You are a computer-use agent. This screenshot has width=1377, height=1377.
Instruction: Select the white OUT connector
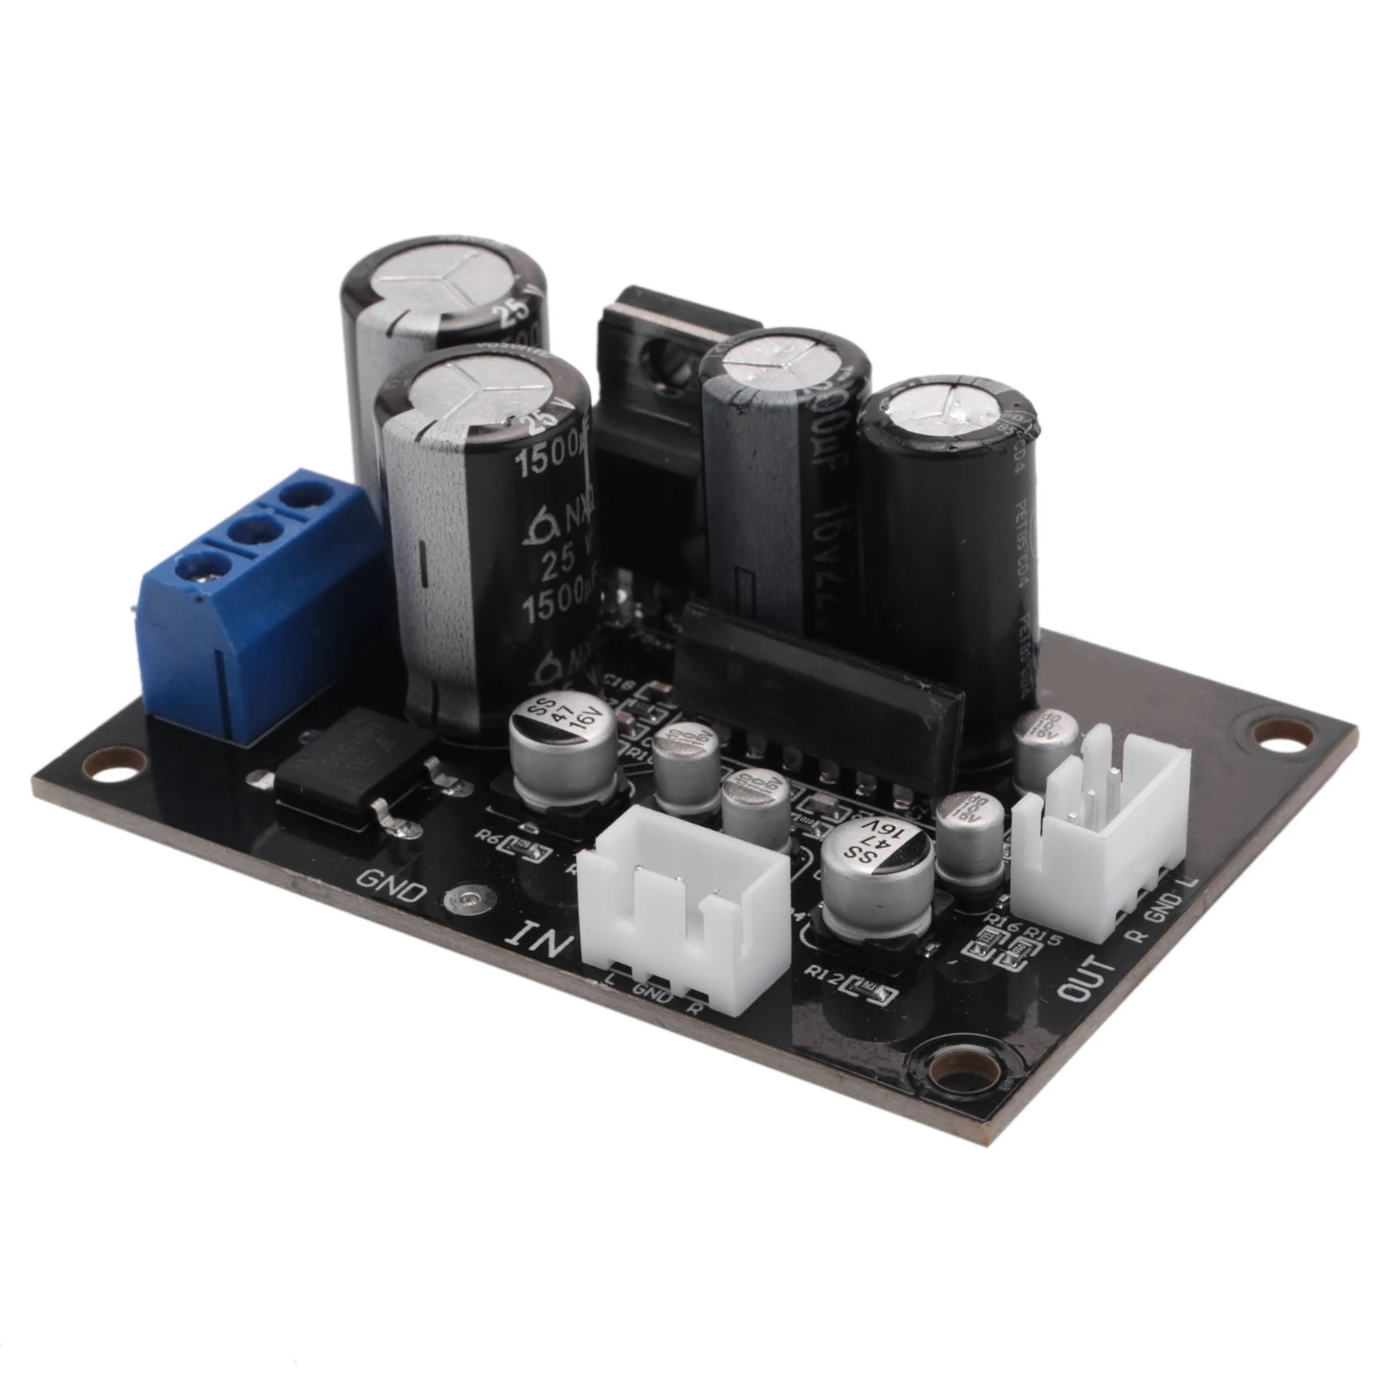pyautogui.click(x=1102, y=834)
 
